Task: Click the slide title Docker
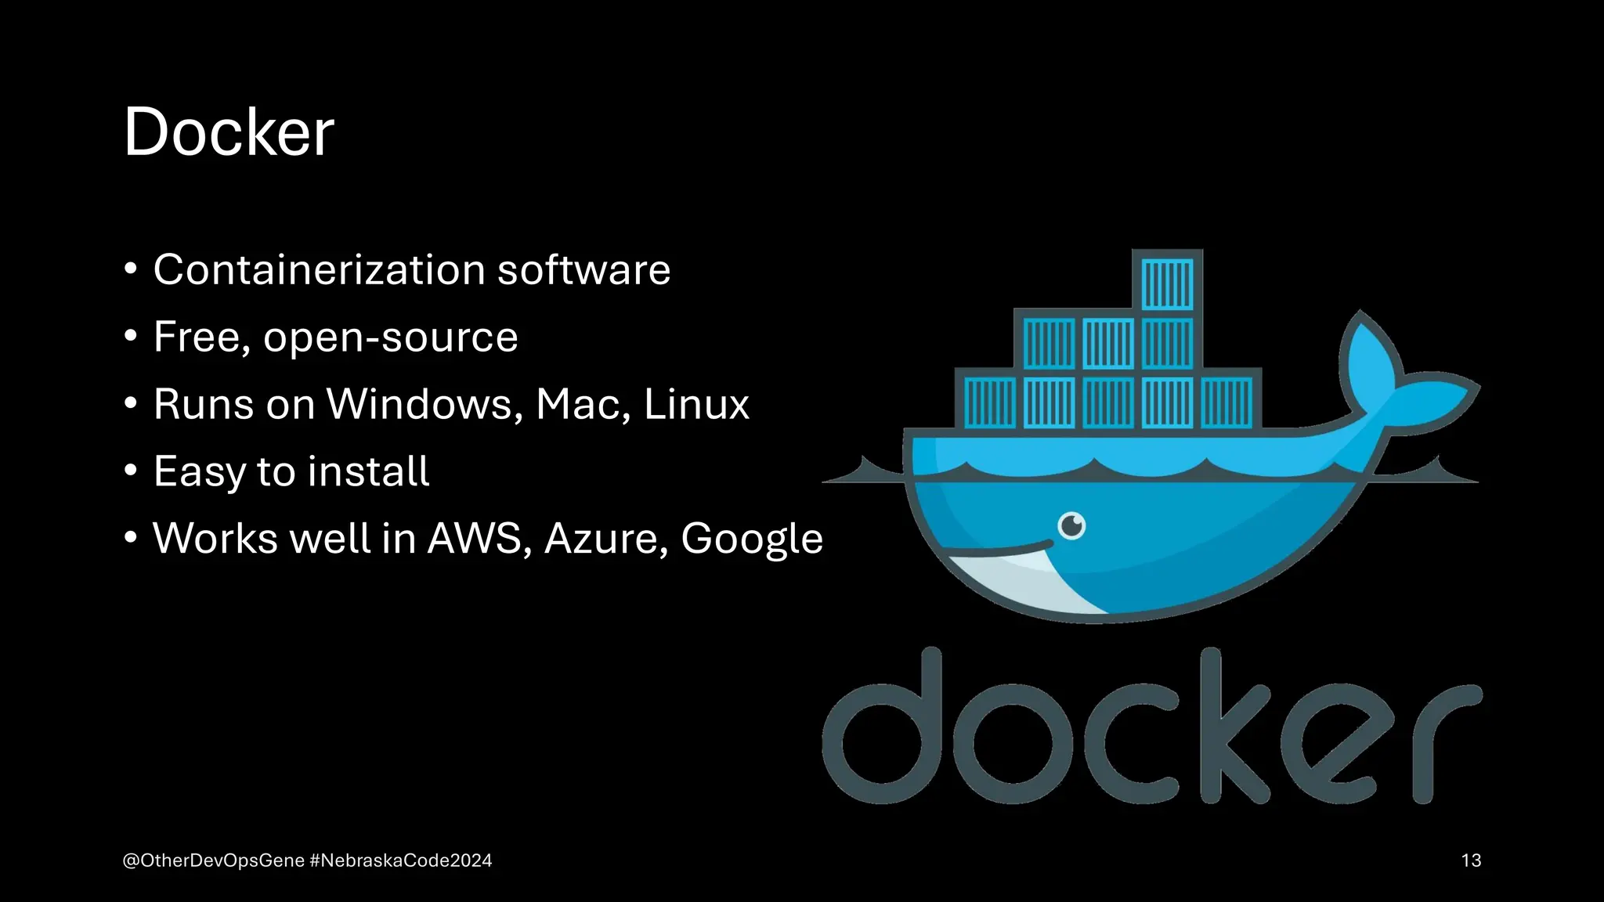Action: [229, 132]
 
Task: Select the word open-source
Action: [390, 338]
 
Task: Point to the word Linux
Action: [695, 404]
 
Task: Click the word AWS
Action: [475, 539]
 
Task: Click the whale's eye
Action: [1071, 525]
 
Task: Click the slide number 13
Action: [1471, 861]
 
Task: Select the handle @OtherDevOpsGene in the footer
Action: [214, 861]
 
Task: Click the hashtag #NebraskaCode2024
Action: [401, 861]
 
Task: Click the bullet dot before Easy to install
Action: [131, 471]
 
